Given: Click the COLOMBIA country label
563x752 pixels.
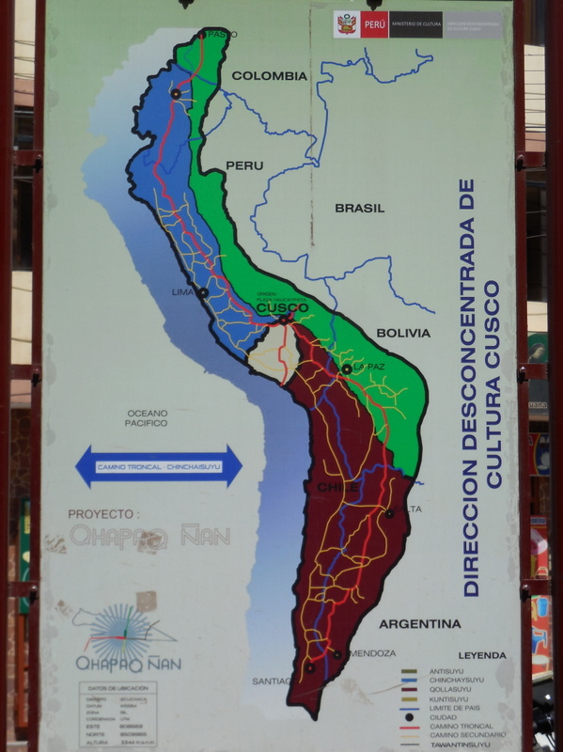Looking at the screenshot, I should tap(269, 76).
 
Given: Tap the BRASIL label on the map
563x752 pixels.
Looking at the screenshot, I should tap(359, 208).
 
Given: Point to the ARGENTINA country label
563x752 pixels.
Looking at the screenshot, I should tap(420, 623).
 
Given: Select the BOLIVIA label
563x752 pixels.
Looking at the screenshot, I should tap(402, 333).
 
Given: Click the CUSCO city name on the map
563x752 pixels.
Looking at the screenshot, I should tap(282, 307).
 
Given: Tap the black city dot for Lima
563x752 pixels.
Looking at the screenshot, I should tap(202, 293).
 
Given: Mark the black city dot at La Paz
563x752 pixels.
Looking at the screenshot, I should tap(347, 369).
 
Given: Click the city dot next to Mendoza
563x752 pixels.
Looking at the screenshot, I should tap(336, 654).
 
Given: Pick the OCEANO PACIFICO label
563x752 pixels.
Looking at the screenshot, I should tap(148, 418).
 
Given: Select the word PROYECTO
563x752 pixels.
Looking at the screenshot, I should tap(103, 514).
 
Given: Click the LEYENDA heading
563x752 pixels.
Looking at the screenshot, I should tap(482, 655).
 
